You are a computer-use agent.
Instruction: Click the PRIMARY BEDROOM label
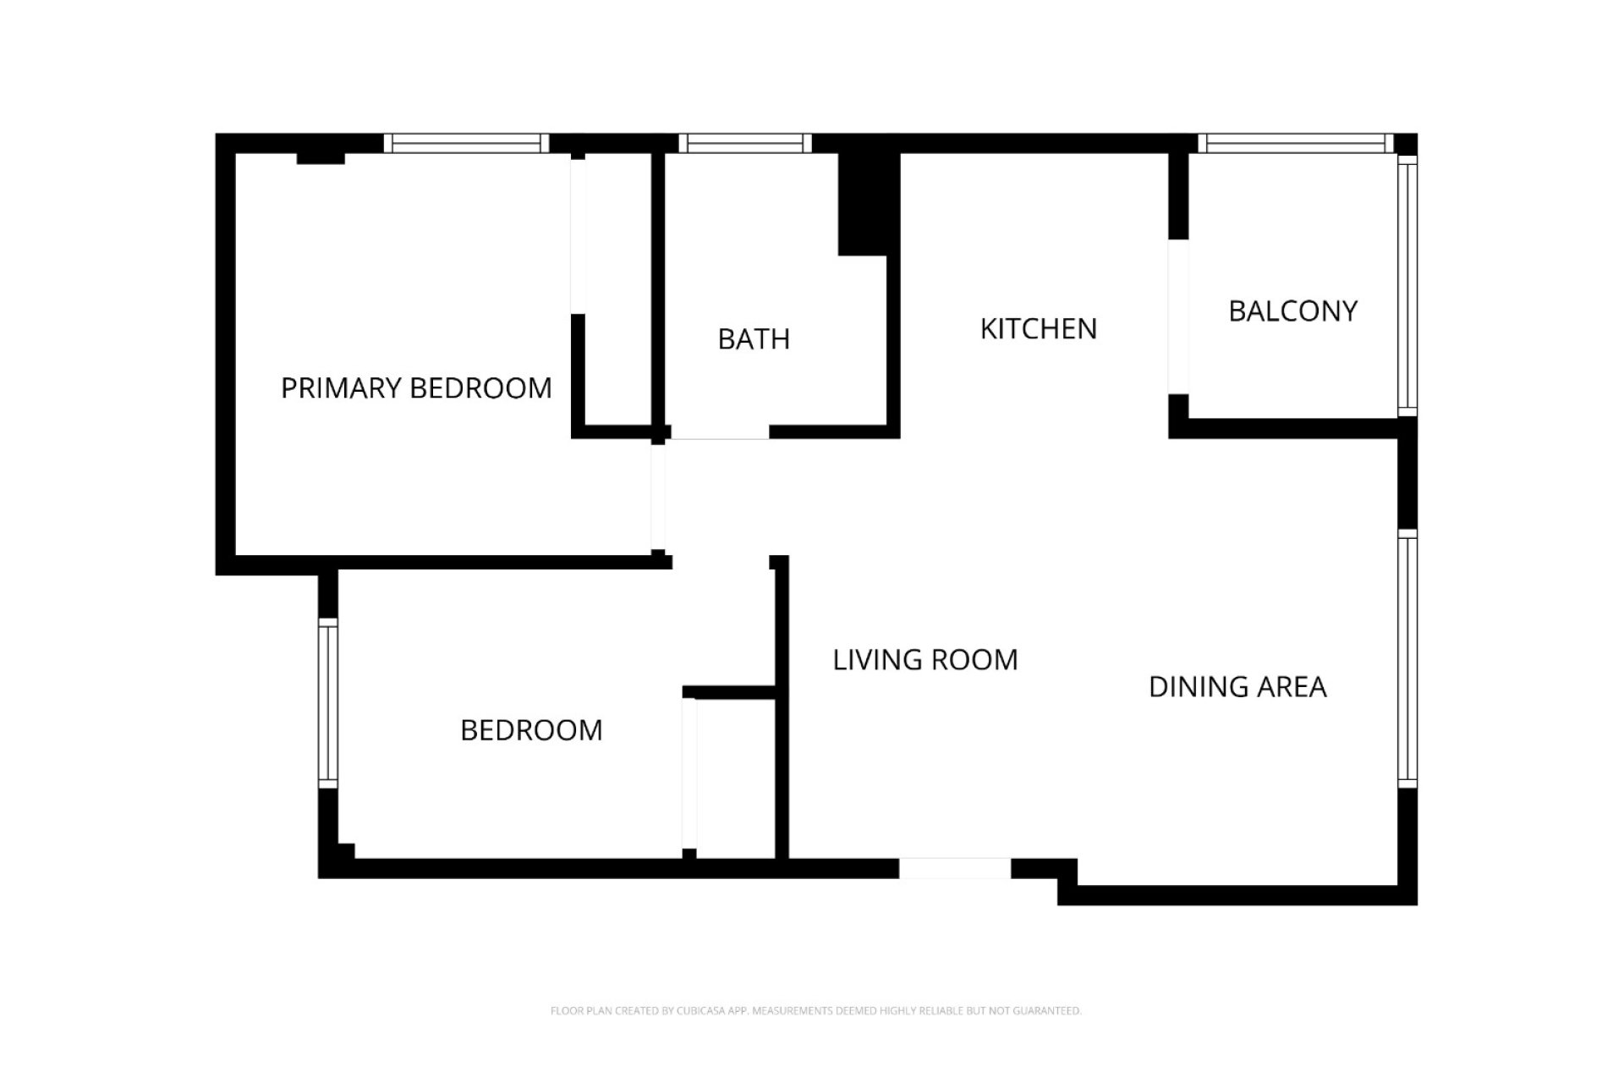click(416, 388)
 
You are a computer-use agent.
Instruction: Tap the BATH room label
click(754, 339)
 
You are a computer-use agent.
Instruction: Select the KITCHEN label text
click(1038, 329)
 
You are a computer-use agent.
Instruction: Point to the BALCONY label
click(1292, 311)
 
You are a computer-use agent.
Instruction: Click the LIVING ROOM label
click(925, 660)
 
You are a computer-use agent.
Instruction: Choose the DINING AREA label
click(1237, 687)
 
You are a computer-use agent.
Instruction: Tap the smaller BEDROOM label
click(531, 730)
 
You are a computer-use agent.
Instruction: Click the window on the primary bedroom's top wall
click(466, 144)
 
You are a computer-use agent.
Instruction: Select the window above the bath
click(744, 144)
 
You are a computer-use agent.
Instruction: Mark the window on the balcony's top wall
click(1294, 144)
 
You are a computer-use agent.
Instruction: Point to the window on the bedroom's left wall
click(328, 703)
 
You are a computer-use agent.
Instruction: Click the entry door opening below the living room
click(954, 868)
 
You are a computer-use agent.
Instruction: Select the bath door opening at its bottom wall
click(720, 432)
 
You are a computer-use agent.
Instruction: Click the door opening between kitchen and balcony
click(1178, 317)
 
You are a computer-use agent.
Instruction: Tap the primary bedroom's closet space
click(617, 288)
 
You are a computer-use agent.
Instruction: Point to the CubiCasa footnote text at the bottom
click(815, 1010)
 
